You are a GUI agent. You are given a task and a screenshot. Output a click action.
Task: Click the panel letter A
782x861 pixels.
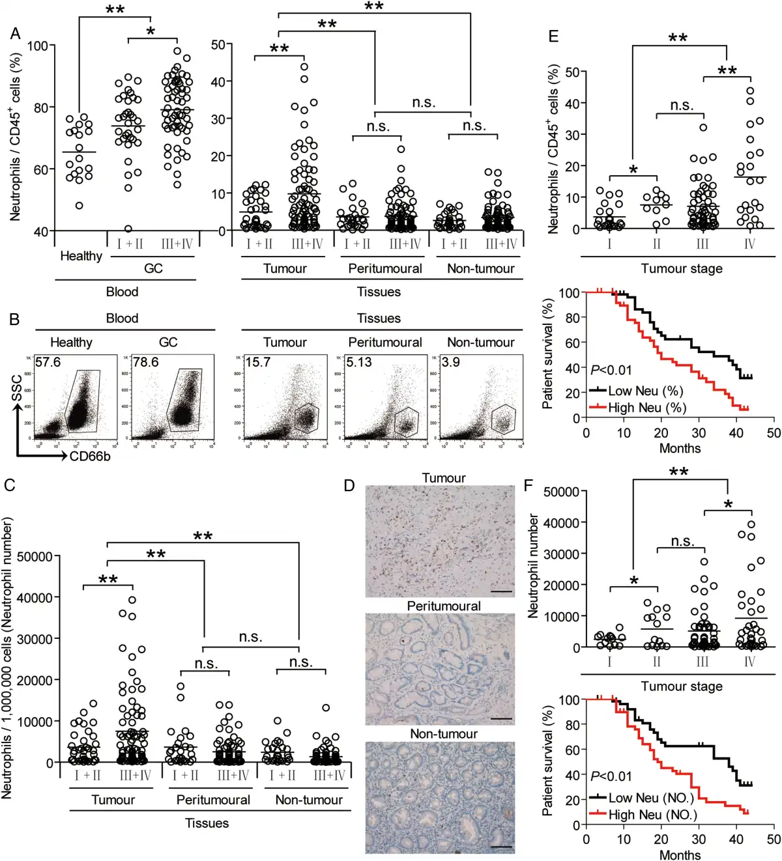[14, 33]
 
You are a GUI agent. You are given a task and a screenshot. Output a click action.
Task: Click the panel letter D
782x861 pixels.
[349, 486]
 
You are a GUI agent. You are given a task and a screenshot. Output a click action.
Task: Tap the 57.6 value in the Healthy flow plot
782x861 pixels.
[48, 362]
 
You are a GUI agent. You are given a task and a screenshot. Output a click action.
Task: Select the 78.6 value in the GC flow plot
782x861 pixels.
[145, 362]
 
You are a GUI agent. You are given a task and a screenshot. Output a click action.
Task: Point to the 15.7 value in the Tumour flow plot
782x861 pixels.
[257, 362]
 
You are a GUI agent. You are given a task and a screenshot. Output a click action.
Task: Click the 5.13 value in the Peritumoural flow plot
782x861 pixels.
[358, 362]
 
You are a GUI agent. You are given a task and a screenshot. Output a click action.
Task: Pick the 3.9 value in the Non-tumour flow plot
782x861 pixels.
[450, 362]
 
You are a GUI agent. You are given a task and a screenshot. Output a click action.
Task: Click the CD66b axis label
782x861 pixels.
[90, 456]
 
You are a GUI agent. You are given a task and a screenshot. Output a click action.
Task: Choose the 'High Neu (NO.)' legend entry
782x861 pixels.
[652, 815]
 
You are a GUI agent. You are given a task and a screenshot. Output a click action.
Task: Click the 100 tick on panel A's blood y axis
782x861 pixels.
[37, 46]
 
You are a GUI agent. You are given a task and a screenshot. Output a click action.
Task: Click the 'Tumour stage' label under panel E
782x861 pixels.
[682, 268]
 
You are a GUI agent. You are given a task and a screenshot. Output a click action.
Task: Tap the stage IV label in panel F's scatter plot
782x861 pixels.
[749, 662]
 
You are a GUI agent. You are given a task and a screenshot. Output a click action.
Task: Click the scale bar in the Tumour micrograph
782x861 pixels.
[500, 591]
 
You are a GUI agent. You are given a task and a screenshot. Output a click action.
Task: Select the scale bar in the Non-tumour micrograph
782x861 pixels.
[500, 847]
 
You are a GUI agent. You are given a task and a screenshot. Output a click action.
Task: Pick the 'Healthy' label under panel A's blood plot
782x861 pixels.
[81, 256]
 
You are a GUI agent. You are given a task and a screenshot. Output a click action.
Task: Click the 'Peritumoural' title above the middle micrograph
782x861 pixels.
[444, 606]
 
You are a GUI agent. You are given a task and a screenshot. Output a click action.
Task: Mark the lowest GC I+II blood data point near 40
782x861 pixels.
[128, 229]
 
